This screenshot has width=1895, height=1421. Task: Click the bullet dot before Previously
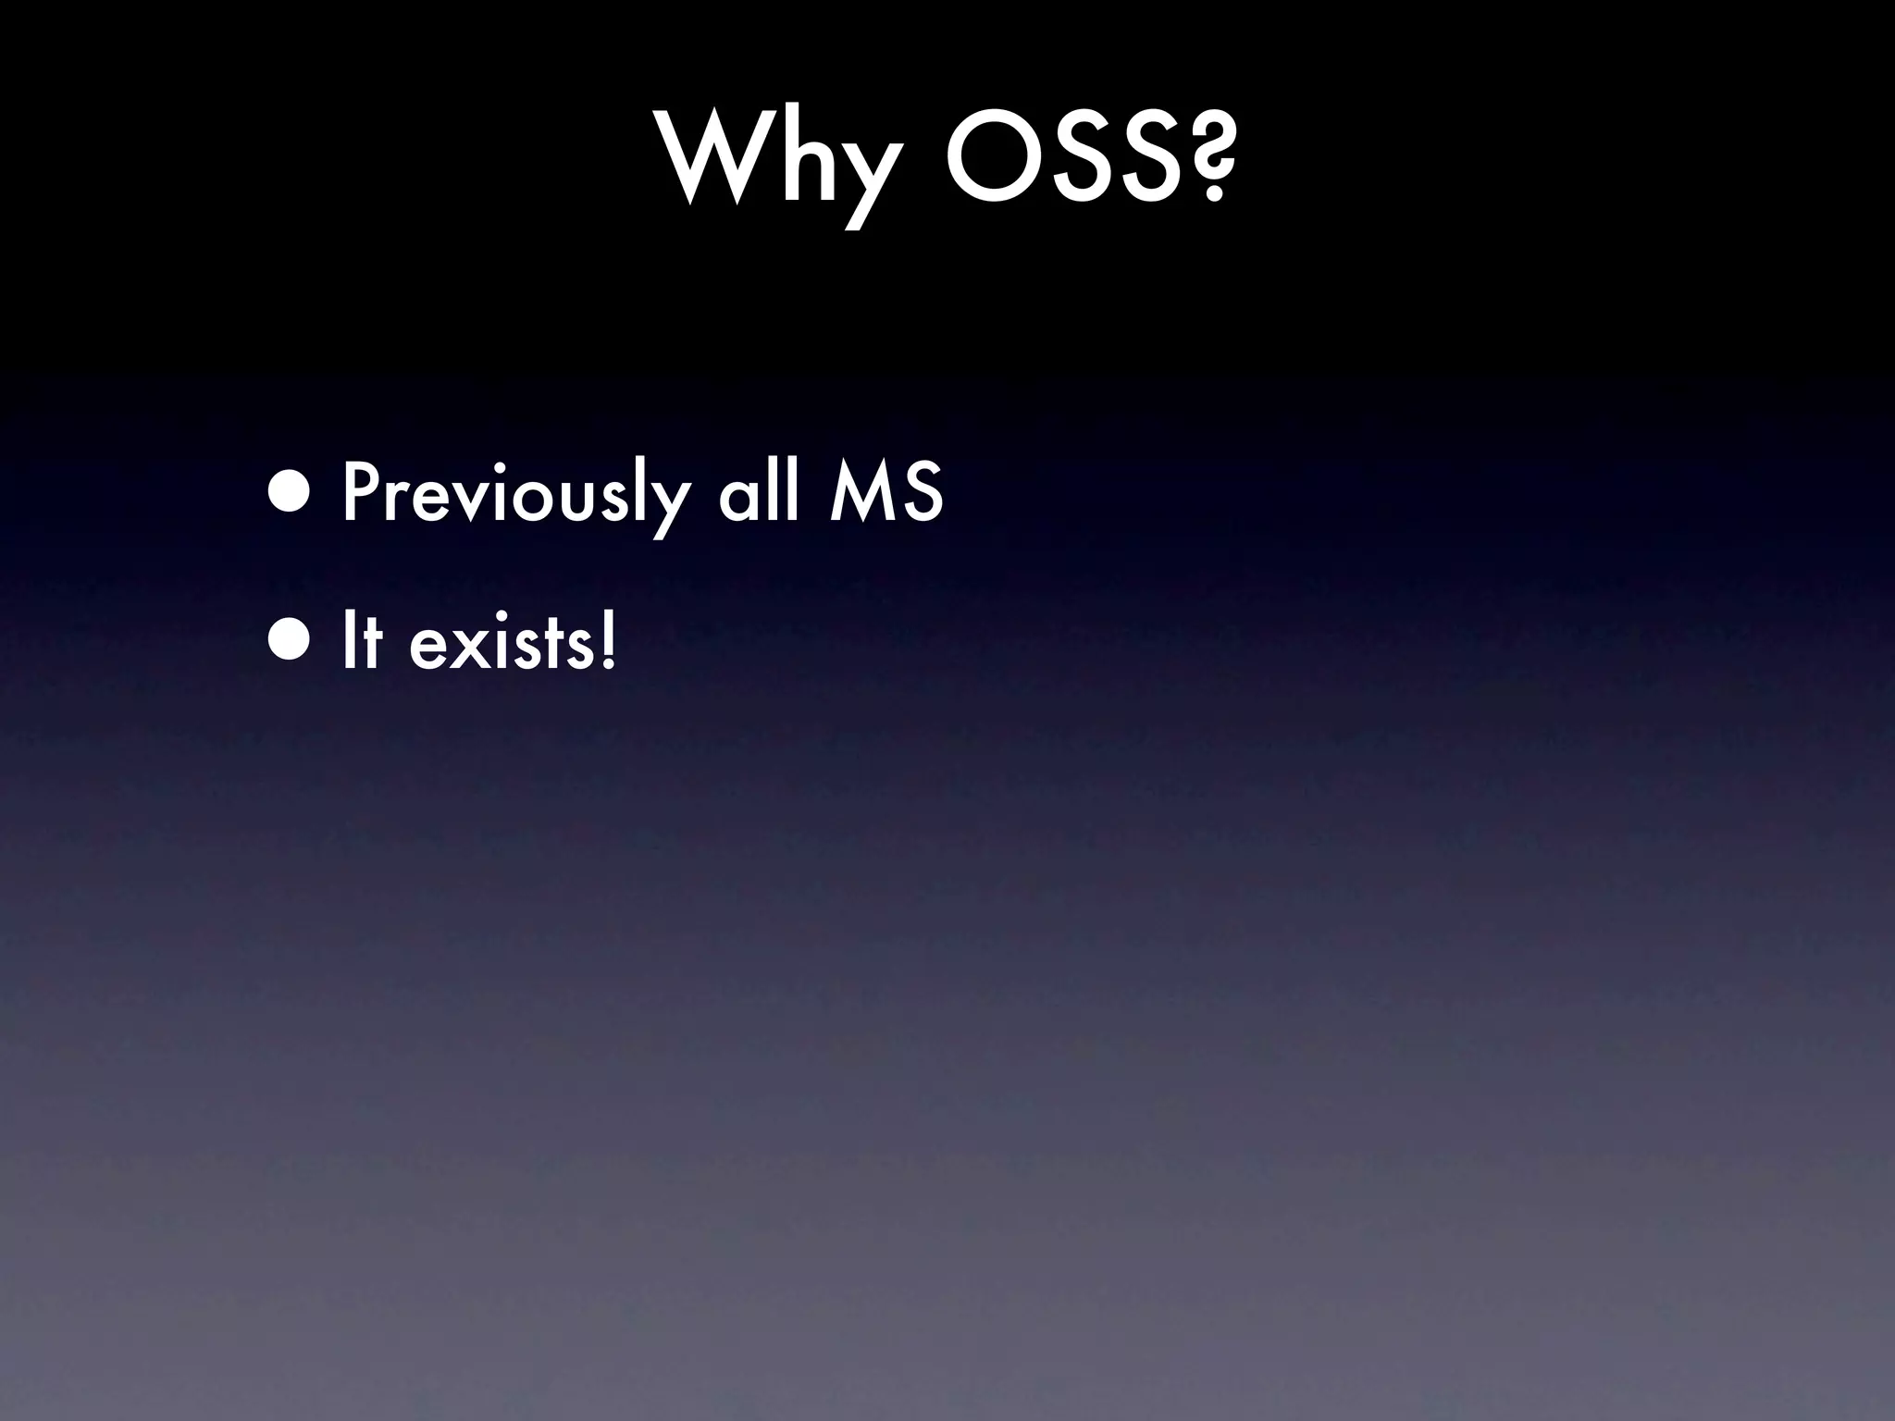point(294,491)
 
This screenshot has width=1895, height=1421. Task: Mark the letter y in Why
point(864,176)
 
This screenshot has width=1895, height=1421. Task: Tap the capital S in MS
point(922,492)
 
